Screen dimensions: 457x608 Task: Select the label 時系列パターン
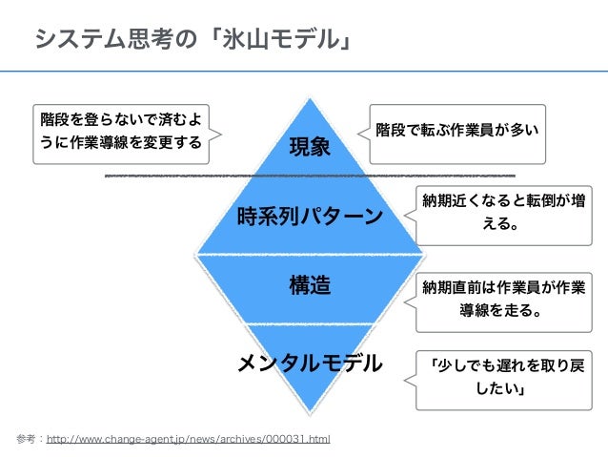[x=309, y=216]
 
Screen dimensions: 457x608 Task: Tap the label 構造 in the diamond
[x=309, y=284]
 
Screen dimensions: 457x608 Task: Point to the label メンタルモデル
[x=309, y=363]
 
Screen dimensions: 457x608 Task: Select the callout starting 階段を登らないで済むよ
[x=120, y=132]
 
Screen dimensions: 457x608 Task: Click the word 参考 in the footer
[x=26, y=439]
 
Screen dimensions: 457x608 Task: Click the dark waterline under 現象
[x=310, y=177]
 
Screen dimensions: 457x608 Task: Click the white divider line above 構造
[x=310, y=254]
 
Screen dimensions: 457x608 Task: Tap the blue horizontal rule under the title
[x=304, y=71]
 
